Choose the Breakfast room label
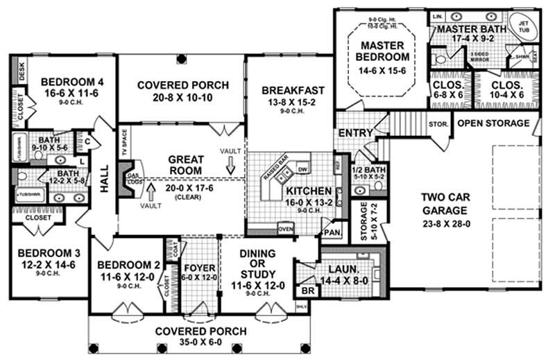click(293, 90)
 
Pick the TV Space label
click(124, 141)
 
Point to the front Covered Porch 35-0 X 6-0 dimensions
click(200, 343)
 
